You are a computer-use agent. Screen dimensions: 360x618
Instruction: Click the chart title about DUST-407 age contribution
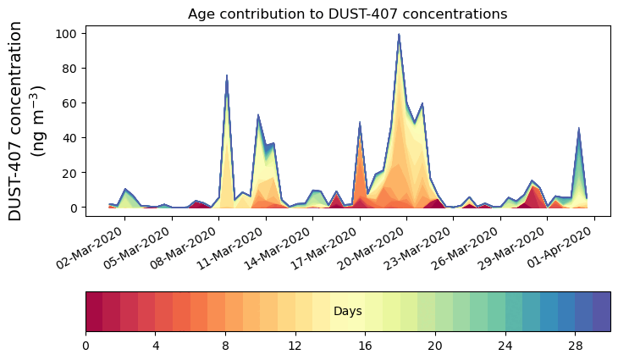347,14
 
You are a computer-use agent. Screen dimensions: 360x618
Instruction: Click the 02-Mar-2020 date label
92,245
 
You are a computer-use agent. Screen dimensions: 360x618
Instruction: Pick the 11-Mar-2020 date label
234,245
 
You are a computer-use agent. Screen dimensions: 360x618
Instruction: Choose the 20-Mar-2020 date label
374,245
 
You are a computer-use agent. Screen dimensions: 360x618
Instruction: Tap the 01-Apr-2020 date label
562,245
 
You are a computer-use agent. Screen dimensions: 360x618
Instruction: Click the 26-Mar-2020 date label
468,245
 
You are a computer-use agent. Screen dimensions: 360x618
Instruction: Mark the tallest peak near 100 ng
399,35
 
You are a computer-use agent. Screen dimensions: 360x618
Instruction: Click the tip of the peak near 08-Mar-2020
227,75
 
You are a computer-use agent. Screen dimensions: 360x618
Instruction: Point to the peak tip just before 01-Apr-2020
579,129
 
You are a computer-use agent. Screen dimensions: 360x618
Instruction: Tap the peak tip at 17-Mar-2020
360,123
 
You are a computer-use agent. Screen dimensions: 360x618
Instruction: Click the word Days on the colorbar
347,312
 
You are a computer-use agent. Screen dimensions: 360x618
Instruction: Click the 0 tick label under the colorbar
86,346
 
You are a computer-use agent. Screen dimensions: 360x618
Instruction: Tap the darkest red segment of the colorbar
94,312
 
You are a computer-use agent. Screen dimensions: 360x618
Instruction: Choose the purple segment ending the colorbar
601,312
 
